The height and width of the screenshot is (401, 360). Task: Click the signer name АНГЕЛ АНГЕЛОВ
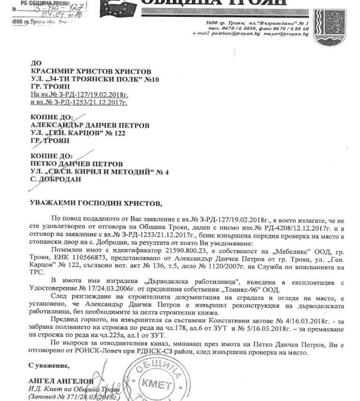click(x=60, y=381)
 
